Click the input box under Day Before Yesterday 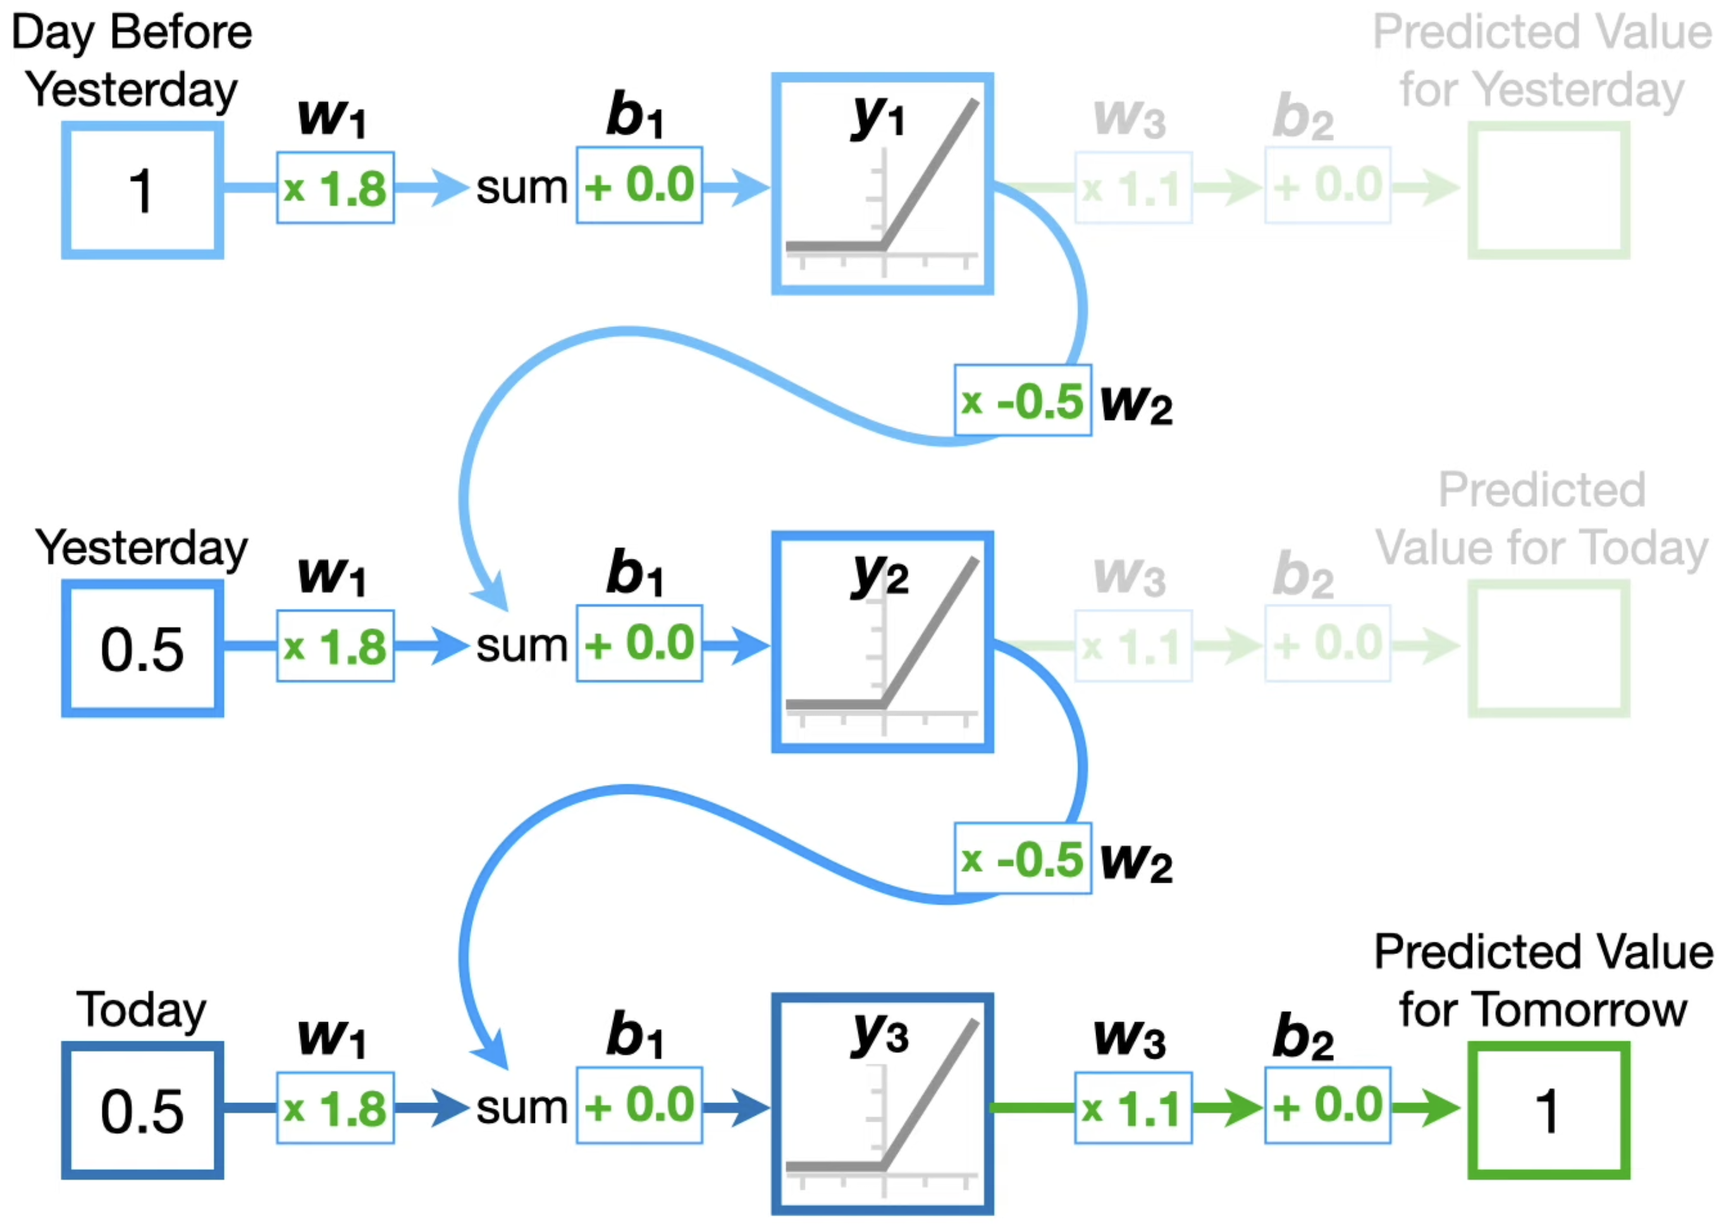tap(142, 191)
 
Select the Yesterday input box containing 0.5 tap(142, 649)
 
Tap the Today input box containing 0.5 tap(142, 1111)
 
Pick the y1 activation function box tap(882, 184)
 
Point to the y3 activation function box tap(882, 1104)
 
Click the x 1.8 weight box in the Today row tap(335, 1109)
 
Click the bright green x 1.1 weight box tap(1133, 1109)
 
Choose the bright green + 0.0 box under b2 tap(1328, 1106)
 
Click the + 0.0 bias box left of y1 tap(639, 185)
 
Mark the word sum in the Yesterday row tap(522, 646)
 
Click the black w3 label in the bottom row tap(1130, 1038)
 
